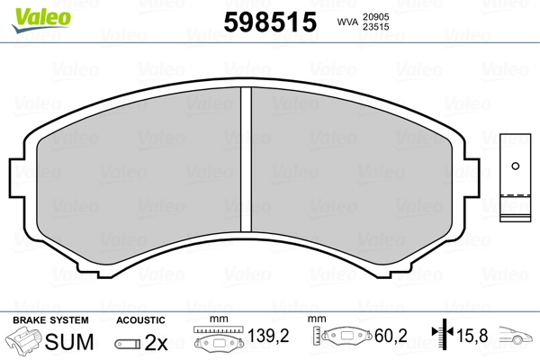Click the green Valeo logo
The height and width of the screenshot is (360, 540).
pyautogui.click(x=41, y=20)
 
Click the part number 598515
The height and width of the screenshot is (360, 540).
pyautogui.click(x=270, y=22)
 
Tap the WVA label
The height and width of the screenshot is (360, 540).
pyautogui.click(x=347, y=22)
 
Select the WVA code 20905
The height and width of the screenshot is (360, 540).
pyautogui.click(x=375, y=17)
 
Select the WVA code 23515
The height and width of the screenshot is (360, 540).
pyautogui.click(x=375, y=27)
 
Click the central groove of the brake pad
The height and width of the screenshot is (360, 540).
pyautogui.click(x=246, y=159)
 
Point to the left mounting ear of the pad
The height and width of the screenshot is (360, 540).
pyautogui.click(x=17, y=178)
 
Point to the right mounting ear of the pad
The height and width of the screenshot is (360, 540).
pyautogui.click(x=472, y=178)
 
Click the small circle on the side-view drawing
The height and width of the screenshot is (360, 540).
pyautogui.click(x=516, y=166)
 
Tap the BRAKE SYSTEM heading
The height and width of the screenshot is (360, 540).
pyautogui.click(x=50, y=320)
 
